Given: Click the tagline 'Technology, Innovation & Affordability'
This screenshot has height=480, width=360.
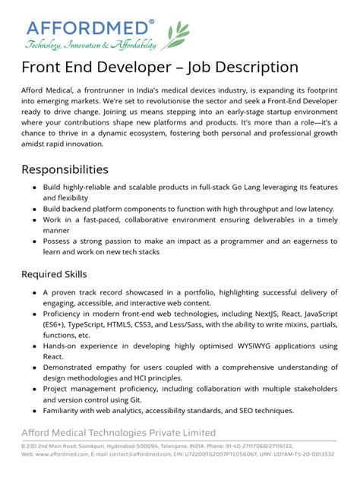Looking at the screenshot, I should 90,45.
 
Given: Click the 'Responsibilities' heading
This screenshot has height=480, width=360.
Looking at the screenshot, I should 65,169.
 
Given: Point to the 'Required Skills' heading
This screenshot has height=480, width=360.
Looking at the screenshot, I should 54,273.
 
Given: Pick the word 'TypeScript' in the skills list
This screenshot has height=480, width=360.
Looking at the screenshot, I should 91,324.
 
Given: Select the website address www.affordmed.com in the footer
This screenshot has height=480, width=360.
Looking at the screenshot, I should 58,454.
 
